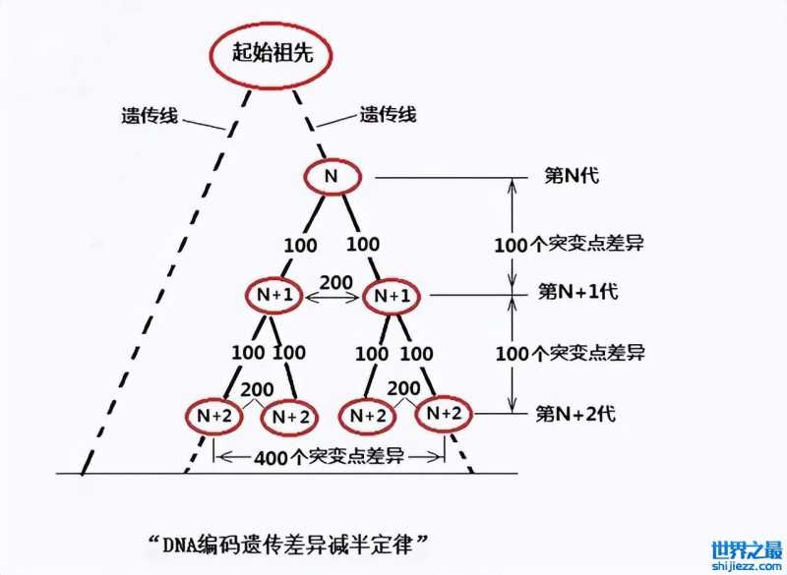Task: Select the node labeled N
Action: click(x=333, y=178)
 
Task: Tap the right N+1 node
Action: click(x=392, y=294)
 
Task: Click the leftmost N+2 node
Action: click(x=212, y=416)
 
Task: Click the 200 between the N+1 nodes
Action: click(x=335, y=282)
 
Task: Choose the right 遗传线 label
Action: click(x=388, y=114)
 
